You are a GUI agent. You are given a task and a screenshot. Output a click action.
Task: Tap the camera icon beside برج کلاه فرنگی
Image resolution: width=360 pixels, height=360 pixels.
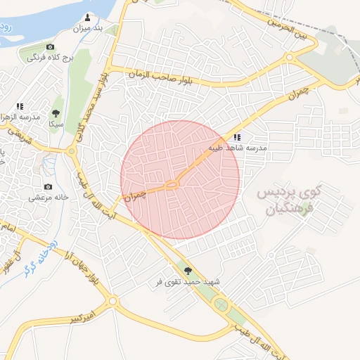(x=50, y=46)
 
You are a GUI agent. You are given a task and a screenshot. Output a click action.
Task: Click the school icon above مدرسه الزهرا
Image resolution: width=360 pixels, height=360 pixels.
(x=19, y=105)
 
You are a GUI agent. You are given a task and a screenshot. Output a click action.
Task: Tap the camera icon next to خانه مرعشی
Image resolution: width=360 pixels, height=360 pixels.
(x=48, y=186)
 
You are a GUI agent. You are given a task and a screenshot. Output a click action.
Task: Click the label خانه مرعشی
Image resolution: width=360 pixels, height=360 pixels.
(x=48, y=198)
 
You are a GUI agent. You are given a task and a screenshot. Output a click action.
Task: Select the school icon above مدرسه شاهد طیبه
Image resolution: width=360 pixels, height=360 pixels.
(x=236, y=137)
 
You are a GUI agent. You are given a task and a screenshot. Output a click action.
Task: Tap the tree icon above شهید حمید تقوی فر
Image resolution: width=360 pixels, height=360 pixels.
(x=187, y=269)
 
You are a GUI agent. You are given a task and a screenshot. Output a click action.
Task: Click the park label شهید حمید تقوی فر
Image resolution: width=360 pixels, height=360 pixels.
(x=188, y=281)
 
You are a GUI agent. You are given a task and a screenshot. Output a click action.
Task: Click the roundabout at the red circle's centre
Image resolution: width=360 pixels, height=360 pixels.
(x=172, y=185)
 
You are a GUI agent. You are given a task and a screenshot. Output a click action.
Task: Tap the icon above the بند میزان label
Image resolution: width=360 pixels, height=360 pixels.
(x=88, y=17)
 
